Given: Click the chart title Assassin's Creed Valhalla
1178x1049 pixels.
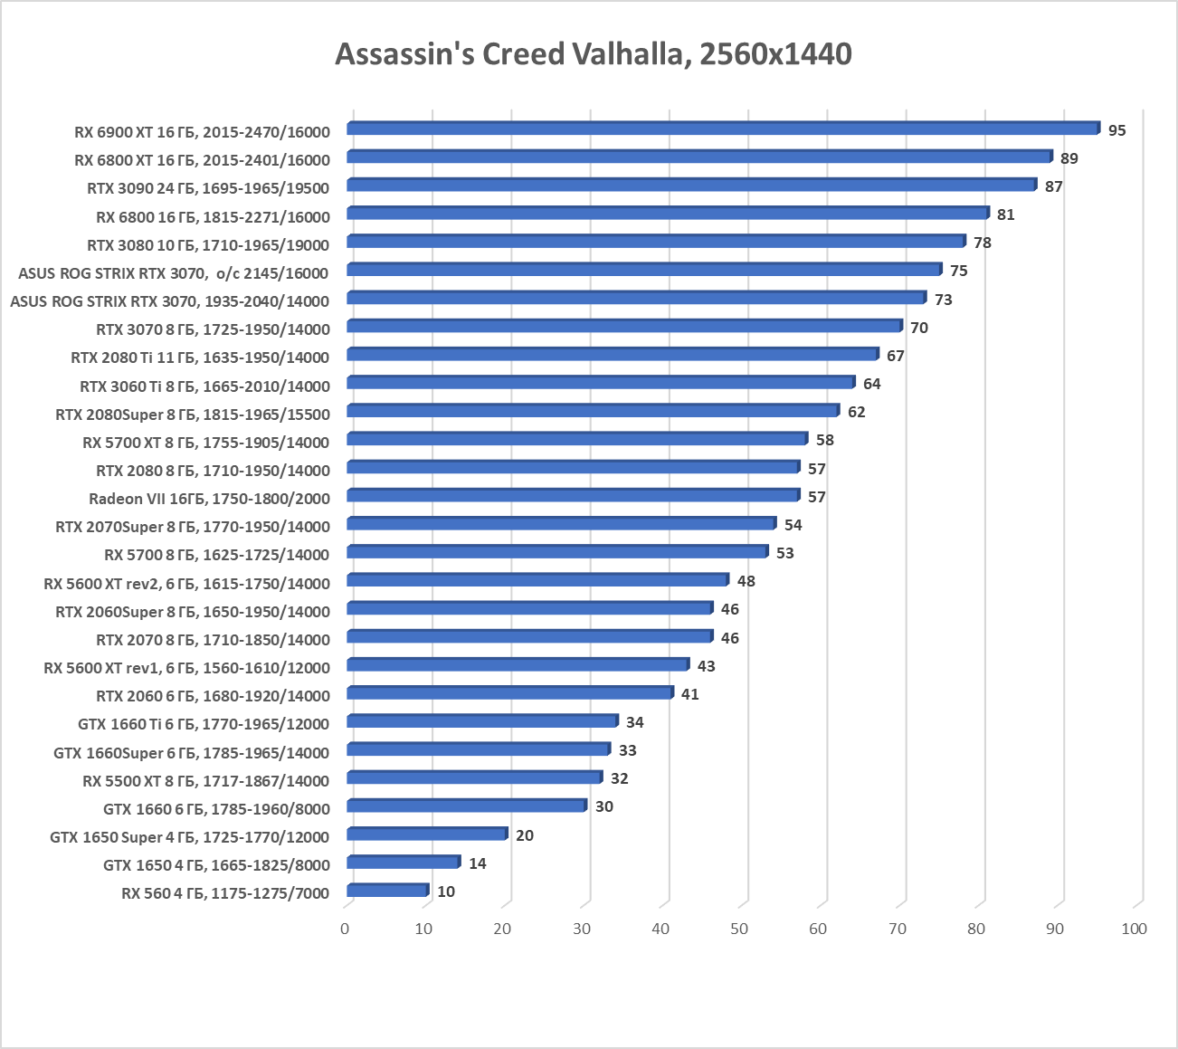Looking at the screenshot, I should point(593,54).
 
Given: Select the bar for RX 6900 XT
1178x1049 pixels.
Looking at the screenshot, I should point(722,129).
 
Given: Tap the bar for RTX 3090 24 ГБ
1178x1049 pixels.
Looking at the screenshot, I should point(691,185).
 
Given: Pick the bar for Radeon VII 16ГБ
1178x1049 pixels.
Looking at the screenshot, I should point(573,495).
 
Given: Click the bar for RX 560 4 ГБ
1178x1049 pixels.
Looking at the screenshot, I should point(386,891).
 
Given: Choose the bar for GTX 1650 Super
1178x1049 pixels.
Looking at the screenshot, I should point(426,834).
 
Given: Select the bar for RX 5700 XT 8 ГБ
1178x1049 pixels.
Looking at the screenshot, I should point(576,439).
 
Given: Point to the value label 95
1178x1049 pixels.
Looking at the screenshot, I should point(1116,130).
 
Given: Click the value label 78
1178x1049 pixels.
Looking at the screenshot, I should point(982,243).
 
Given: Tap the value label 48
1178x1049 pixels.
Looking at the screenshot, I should point(746,581).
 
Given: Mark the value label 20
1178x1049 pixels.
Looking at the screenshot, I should point(524,835).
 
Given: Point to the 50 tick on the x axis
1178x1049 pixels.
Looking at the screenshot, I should point(739,929).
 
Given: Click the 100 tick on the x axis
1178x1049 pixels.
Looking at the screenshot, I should point(1134,929).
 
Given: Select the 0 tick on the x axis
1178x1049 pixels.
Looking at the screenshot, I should point(345,929).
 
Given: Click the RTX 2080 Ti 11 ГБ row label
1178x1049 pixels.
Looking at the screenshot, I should point(200,358).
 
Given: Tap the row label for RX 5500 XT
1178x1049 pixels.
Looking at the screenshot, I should point(205,780).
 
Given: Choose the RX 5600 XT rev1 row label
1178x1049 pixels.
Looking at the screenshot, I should point(186,668).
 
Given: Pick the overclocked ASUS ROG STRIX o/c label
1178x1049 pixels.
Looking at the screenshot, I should point(173,273).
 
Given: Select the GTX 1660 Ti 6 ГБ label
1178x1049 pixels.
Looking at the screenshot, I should point(204,724).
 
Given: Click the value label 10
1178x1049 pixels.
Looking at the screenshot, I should point(445,892).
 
